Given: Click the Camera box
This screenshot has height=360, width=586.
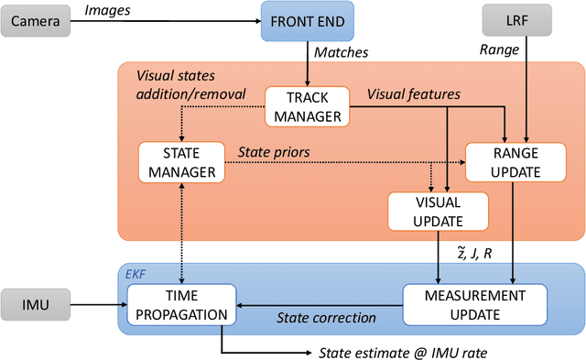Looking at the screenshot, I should click(35, 19).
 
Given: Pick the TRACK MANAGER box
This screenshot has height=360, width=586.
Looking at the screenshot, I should click(307, 106).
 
